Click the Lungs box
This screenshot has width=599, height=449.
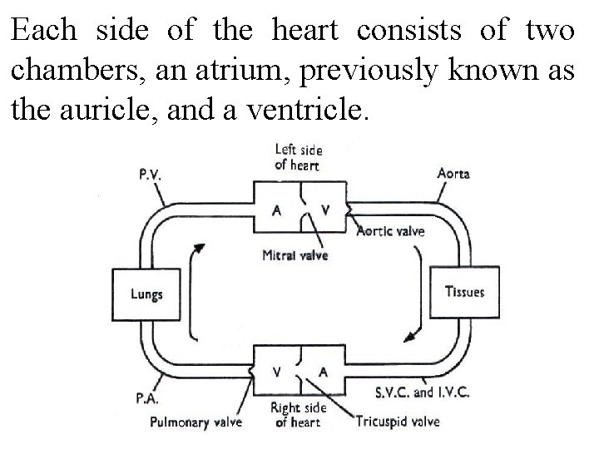pos(146,294)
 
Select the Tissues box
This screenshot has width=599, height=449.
pos(464,292)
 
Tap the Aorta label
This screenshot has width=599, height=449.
pos(453,174)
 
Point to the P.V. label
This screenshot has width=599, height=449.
pos(151,175)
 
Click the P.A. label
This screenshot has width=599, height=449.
pos(146,399)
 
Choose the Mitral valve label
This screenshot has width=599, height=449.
pos(295,255)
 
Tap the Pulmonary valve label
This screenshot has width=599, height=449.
pos(196,422)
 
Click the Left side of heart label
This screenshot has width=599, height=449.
pos(299,157)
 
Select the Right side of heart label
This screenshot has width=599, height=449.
pos(297,415)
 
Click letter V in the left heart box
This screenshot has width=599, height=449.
pos(324,210)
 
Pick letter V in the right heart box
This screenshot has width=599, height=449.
pos(276,372)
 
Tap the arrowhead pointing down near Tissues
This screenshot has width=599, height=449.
pos(407,337)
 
